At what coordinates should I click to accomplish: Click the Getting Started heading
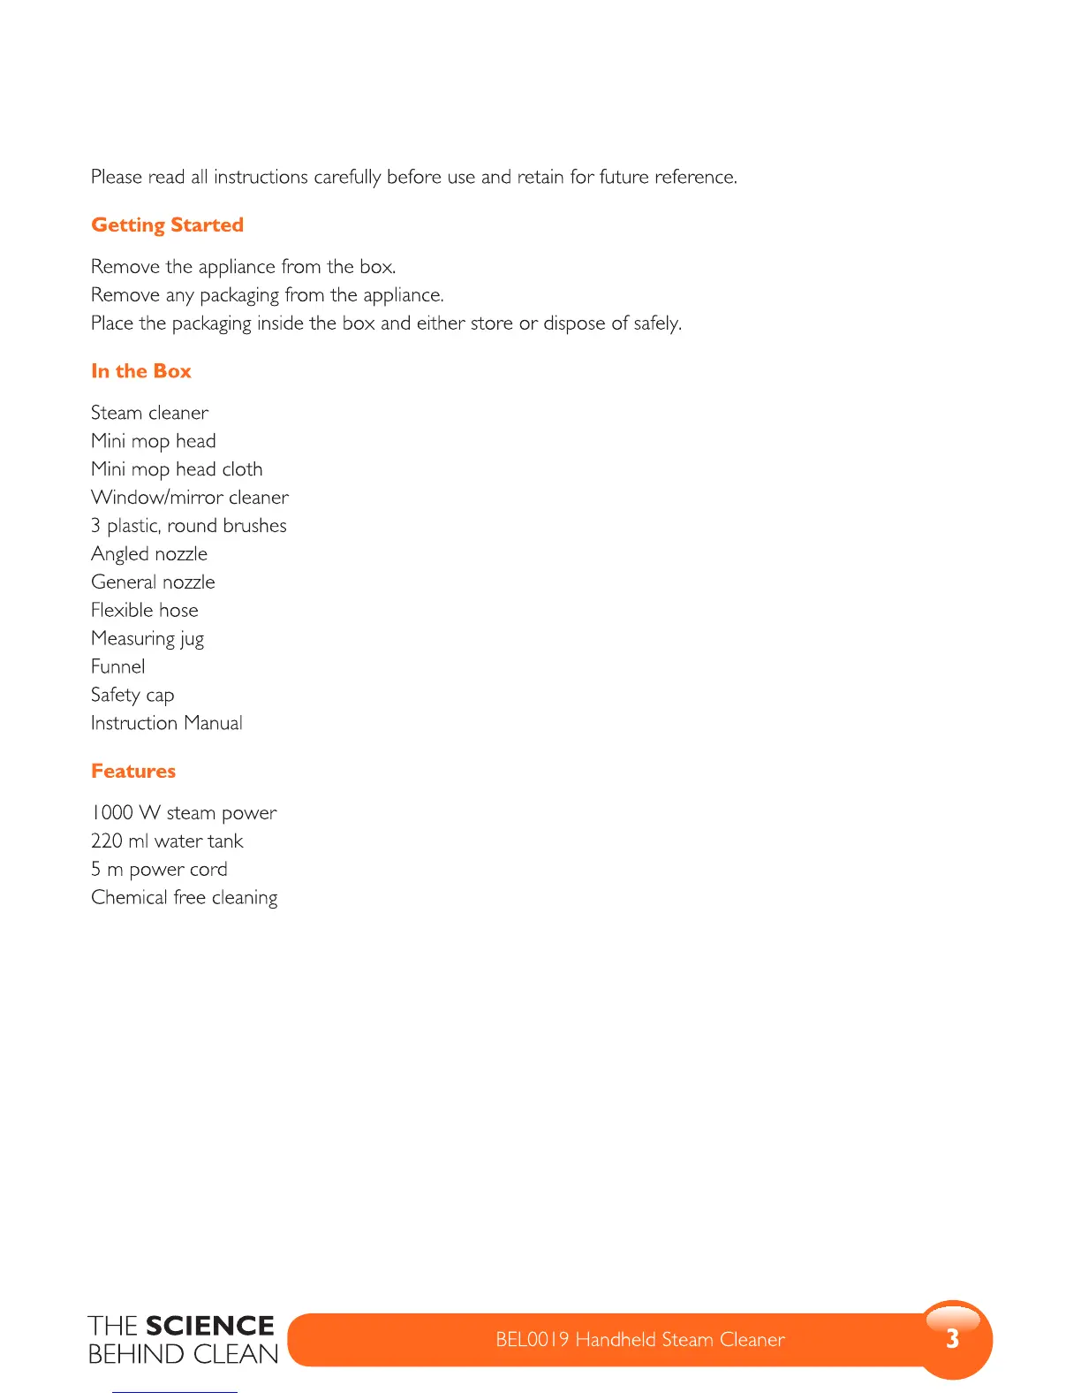tap(167, 225)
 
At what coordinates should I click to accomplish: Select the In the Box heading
tap(141, 371)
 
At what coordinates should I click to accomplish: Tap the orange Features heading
tap(133, 772)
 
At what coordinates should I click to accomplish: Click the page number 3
tap(952, 1339)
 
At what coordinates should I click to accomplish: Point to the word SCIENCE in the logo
tap(210, 1326)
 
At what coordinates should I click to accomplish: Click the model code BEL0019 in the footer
tap(532, 1340)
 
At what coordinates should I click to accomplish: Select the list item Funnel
tap(117, 667)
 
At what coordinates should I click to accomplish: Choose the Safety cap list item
tap(132, 696)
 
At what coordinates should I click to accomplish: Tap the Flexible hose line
tap(144, 611)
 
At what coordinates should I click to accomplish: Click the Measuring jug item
tap(147, 639)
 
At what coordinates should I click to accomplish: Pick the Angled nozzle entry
tap(149, 554)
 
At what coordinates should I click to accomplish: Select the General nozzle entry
tap(153, 582)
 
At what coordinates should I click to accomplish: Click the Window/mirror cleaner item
tap(189, 498)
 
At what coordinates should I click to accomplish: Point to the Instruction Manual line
tap(166, 724)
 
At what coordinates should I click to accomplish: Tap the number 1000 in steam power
tap(112, 813)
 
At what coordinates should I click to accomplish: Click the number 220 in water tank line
tap(106, 841)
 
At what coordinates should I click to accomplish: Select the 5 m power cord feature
tap(159, 870)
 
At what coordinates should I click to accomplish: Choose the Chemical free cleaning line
tap(184, 898)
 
